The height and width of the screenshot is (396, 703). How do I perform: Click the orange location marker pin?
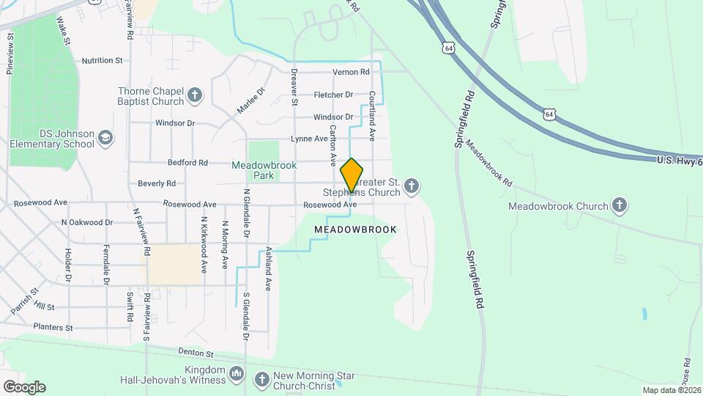click(351, 175)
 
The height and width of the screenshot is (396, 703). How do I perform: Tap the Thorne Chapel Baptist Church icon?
click(195, 95)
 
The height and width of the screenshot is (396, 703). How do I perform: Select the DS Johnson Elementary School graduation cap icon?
click(105, 137)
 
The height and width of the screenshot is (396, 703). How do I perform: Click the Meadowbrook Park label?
click(264, 170)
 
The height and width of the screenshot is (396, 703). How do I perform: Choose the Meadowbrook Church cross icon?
click(620, 205)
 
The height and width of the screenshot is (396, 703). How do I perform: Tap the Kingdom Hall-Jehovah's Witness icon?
click(237, 374)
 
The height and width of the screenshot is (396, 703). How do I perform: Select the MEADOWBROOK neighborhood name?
click(355, 230)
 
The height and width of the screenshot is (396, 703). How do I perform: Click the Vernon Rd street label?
click(351, 72)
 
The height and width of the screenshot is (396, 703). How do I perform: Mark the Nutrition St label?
click(102, 61)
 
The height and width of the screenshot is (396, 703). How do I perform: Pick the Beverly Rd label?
click(157, 183)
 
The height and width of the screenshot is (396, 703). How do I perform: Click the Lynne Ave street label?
click(309, 139)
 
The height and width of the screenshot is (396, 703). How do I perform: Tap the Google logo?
click(24, 386)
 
